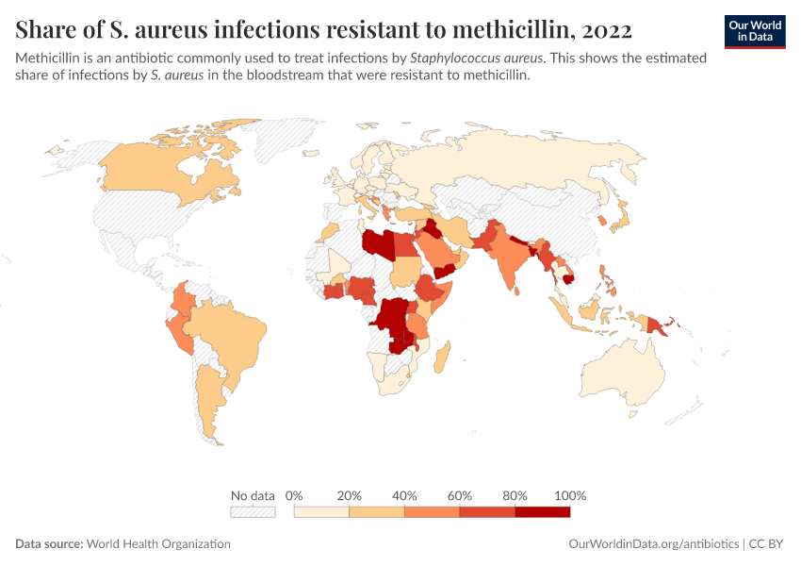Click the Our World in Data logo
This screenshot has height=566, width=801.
pos(754,31)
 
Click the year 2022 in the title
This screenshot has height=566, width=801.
pos(601,29)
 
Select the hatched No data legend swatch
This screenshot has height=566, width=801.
pos(253,511)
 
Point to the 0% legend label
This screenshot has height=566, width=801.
pos(294,495)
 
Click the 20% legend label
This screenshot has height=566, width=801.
pos(350,495)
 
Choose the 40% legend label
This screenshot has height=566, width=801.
pos(404,495)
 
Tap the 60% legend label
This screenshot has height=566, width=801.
pos(460,495)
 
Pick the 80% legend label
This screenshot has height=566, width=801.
pos(515,495)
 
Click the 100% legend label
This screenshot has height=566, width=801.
pos(570,495)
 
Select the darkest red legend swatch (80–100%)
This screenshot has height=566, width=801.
pos(543,511)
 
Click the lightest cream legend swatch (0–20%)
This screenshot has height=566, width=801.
pos(321,511)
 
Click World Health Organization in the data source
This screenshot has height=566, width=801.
pos(158,544)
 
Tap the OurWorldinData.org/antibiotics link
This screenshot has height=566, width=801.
pos(654,544)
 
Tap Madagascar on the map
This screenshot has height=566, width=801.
pos(444,358)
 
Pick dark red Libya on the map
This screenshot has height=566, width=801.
pos(379,243)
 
